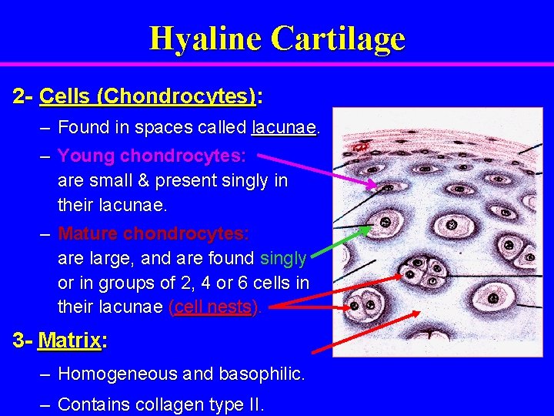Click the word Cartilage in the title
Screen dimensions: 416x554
point(338,38)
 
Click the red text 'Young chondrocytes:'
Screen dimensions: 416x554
point(152,156)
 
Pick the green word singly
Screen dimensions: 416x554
point(283,258)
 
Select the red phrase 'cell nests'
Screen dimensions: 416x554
point(215,307)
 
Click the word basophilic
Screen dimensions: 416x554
point(262,374)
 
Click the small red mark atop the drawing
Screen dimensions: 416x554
point(359,145)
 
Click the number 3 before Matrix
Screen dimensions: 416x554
point(18,340)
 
